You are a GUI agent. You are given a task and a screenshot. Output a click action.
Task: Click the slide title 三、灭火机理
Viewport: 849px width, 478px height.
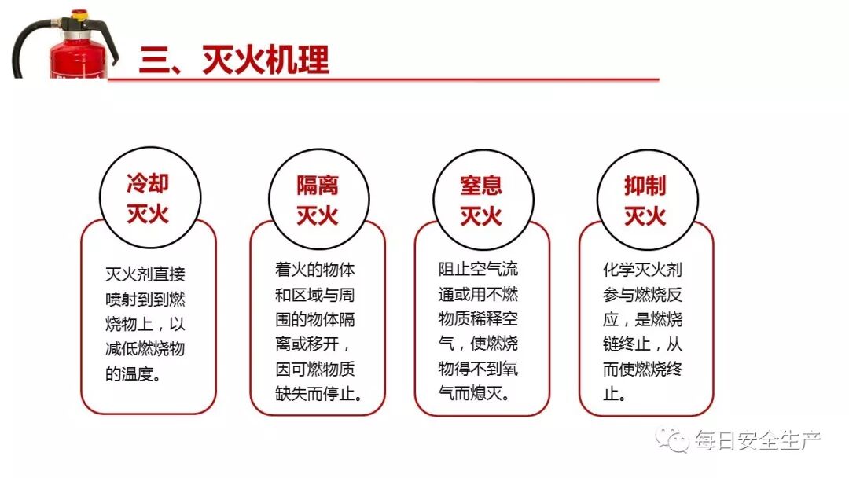coord(234,61)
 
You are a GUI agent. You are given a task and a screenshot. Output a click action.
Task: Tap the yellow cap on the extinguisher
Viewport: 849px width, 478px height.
coord(79,14)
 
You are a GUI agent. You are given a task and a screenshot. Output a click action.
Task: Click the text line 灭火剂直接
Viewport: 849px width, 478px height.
coord(145,274)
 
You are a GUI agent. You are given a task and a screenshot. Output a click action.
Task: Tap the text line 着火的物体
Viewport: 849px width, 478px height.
coord(315,270)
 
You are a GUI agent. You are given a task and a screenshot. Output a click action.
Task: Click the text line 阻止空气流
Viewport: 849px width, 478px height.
coord(479,270)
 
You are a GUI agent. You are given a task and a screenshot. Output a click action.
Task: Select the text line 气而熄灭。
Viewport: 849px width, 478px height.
coord(473,392)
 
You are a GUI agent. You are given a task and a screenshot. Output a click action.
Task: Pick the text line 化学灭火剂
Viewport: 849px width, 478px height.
coord(642,270)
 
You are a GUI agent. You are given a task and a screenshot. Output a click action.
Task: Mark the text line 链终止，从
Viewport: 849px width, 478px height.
coord(642,344)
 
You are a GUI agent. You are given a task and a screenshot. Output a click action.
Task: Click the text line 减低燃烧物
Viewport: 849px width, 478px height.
coord(145,349)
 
